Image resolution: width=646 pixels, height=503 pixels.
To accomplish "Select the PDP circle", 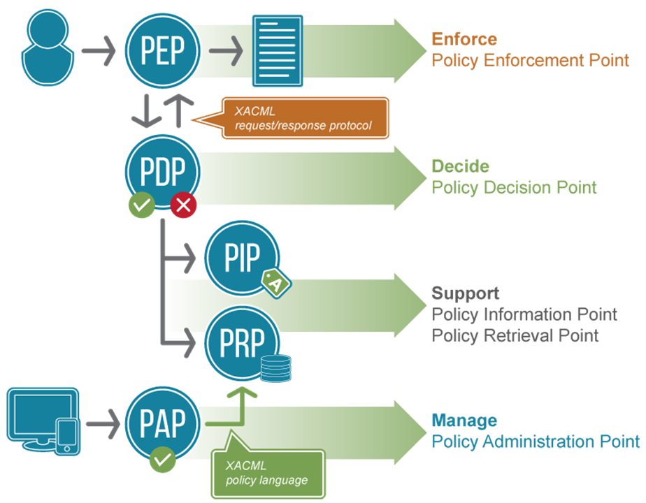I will [162, 170].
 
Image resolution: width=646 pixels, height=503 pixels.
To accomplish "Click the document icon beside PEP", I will [277, 50].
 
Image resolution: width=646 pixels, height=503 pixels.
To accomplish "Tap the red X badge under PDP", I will [184, 205].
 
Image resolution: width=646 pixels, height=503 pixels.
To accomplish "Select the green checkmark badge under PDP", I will [143, 205].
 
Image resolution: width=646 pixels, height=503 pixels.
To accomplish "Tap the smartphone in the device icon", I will [67, 436].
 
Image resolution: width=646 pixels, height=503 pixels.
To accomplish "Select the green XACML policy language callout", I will [268, 472].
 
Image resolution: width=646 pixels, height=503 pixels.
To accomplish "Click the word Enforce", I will [464, 39].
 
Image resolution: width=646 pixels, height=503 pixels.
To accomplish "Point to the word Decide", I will [460, 166].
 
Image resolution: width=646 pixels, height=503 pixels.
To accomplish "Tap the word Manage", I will [464, 421].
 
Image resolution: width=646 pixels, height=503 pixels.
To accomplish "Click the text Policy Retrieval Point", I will [515, 335].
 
